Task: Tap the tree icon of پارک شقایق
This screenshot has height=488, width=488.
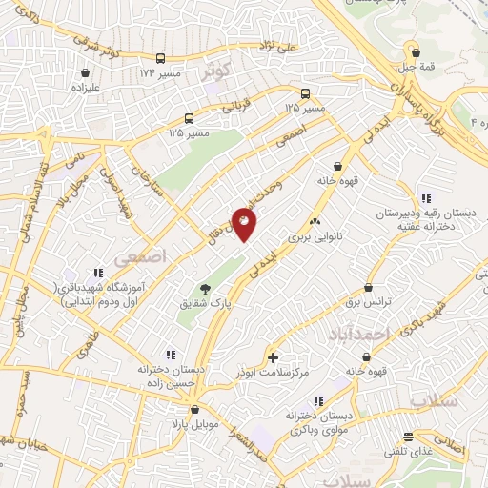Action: pyautogui.click(x=205, y=289)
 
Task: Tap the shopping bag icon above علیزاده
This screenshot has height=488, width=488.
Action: pyautogui.click(x=86, y=72)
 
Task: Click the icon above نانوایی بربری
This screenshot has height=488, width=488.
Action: pyautogui.click(x=315, y=222)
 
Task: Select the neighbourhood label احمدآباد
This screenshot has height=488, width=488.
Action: pyautogui.click(x=365, y=335)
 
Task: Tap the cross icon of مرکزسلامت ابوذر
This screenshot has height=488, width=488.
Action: pyautogui.click(x=274, y=358)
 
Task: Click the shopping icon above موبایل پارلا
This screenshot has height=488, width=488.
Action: pyautogui.click(x=195, y=409)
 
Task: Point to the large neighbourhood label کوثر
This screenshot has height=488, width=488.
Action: pyautogui.click(x=218, y=72)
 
